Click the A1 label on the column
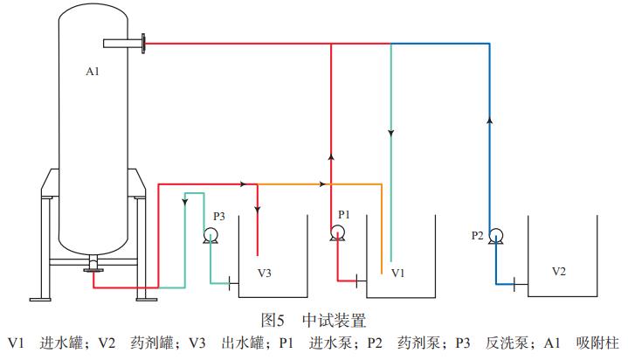[93, 72]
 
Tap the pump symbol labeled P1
[338, 232]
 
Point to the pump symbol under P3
[210, 234]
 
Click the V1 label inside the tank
[398, 273]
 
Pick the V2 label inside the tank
[560, 271]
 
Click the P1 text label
[344, 213]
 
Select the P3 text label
[219, 216]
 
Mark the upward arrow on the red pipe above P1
[331, 158]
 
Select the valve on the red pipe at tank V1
[356, 280]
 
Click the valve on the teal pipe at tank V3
[229, 281]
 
